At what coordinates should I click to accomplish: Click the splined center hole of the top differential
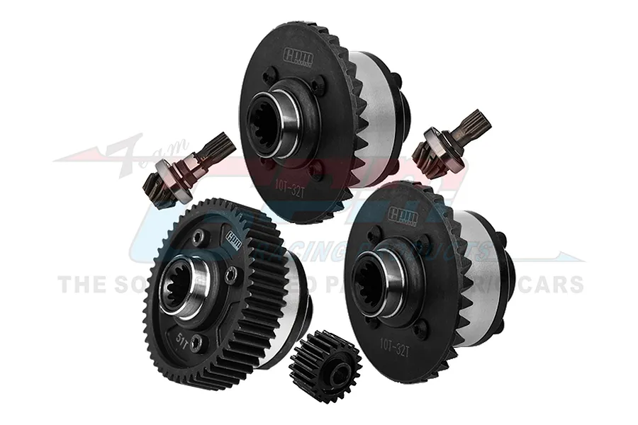(269, 127)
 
